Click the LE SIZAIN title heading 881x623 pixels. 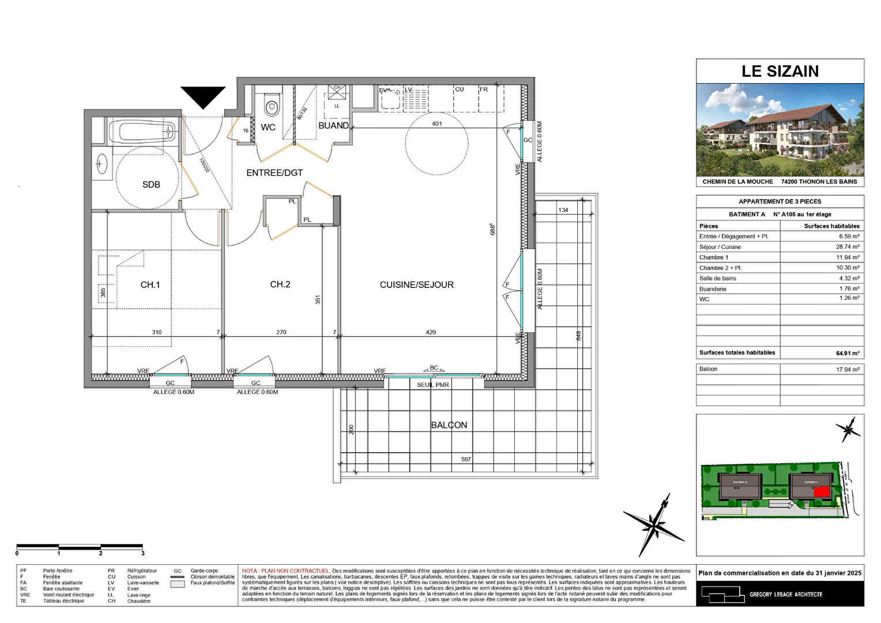pos(780,71)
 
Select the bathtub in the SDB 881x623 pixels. pos(142,132)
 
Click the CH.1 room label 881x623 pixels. pos(150,284)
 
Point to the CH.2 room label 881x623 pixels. pos(280,284)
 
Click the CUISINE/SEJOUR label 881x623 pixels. pos(416,284)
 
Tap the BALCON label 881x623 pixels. pos(449,425)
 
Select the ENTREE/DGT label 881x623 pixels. pos(274,172)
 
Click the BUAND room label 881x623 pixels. pos(333,125)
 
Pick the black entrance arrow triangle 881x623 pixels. pos(203,96)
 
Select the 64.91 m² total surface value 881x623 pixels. pos(847,353)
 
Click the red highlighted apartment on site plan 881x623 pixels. pos(821,491)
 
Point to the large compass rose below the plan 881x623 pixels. pos(654,524)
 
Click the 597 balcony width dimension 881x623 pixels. pos(466,459)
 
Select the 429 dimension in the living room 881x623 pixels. pos(431,332)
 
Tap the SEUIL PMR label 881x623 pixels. pos(432,385)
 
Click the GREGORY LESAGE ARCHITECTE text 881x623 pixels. pos(785,594)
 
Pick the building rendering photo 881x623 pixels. pos(780,130)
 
